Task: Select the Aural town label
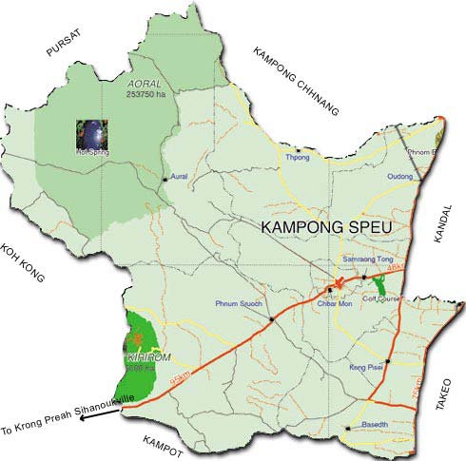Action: click(184, 179)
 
